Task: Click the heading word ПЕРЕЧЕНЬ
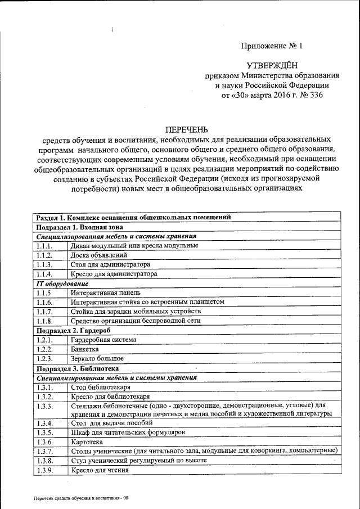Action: [187, 130]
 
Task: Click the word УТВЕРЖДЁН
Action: [272, 66]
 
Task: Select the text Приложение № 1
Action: [272, 46]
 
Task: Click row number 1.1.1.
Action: [44, 246]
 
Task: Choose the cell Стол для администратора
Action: [110, 264]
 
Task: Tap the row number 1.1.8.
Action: [44, 321]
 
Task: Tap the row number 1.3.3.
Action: [44, 406]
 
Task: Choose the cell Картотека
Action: [87, 442]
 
